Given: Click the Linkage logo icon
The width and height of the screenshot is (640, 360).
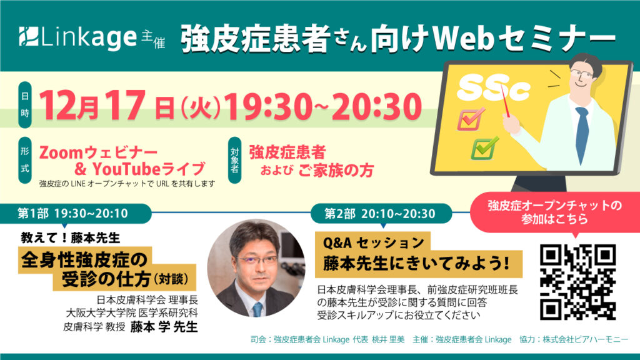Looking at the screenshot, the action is pos(29,36).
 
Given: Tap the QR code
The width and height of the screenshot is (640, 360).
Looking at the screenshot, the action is pos(578,282).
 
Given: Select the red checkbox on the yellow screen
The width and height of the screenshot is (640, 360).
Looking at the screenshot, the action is pos(471,119).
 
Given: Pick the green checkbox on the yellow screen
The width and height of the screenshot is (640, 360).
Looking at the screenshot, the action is pos(485,148).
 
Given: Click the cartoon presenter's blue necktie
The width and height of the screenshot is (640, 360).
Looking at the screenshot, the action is pos(582,135).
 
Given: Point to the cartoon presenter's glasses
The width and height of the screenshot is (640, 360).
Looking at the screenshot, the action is pos(581,74).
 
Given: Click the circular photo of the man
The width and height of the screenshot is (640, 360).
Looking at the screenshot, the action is pos(256,268).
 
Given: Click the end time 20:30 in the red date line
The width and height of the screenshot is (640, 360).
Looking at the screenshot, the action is pos(377,106).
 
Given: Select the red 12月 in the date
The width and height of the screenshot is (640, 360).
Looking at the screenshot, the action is pos(69,105).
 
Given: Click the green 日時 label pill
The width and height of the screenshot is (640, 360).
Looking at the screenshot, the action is pos(25,105).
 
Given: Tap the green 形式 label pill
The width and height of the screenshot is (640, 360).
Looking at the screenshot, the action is pos(25,160).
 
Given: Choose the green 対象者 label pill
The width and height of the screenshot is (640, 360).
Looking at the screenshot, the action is pos(235,160).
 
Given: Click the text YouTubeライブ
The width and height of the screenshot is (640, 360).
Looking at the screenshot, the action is pos(149,169).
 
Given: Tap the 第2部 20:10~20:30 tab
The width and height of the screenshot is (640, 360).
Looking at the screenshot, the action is pos(381,214).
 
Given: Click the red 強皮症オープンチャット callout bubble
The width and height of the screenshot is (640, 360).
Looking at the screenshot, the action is pos(555,212).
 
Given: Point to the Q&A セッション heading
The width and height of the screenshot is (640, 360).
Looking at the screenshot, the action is pos(373,243).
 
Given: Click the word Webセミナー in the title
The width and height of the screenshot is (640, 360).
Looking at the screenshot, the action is pos(524,39).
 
